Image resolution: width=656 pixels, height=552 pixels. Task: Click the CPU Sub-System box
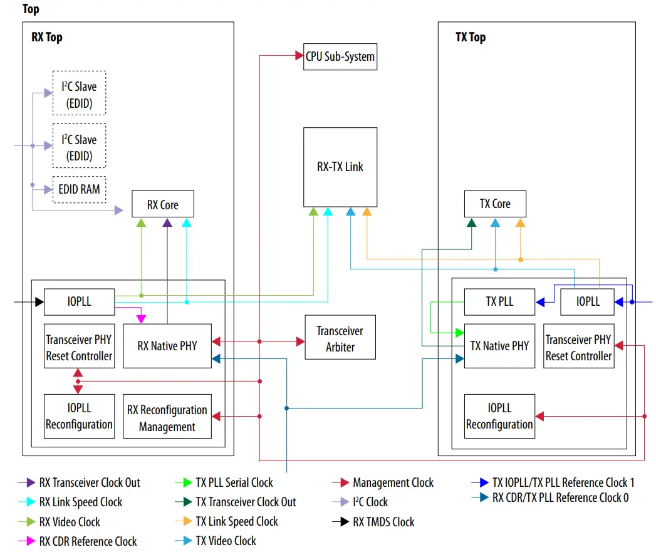coord(340,56)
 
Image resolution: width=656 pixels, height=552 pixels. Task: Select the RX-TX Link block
coord(340,167)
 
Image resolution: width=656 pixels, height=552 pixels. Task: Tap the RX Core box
coord(163,204)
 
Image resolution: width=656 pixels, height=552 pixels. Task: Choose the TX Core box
coord(495,204)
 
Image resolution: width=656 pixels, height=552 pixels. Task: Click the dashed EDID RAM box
coord(79,189)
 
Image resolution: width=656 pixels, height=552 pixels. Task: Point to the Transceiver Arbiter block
coord(340,338)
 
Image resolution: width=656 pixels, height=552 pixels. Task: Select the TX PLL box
coord(499,301)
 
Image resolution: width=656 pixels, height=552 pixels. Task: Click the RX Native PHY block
coord(167,345)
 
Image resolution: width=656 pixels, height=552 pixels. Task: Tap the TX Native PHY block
coord(499,345)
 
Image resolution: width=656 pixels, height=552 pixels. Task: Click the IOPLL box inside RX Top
coord(79,301)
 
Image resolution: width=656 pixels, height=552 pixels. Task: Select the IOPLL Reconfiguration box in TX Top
coord(499,416)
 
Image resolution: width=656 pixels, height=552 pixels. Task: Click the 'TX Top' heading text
coord(470,37)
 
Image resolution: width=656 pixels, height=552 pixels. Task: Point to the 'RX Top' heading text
coord(47,37)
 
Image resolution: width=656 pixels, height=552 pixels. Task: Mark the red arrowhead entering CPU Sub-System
coord(299,56)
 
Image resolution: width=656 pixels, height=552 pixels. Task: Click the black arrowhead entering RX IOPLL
coord(39,302)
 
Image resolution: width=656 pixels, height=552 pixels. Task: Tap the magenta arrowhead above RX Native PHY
coord(141,318)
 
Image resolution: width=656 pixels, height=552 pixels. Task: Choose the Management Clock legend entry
coord(393,482)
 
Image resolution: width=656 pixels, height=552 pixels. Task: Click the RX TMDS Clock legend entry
coord(383,522)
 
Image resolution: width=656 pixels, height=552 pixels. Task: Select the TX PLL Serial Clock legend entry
coord(234,482)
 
